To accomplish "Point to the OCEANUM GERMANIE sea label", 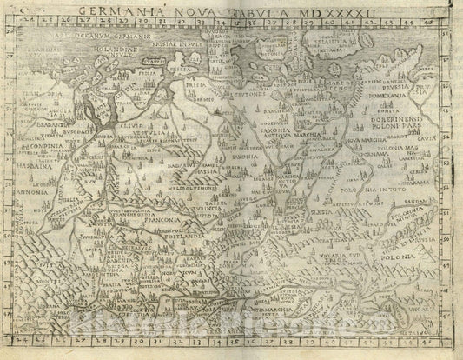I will [x=112, y=38].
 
